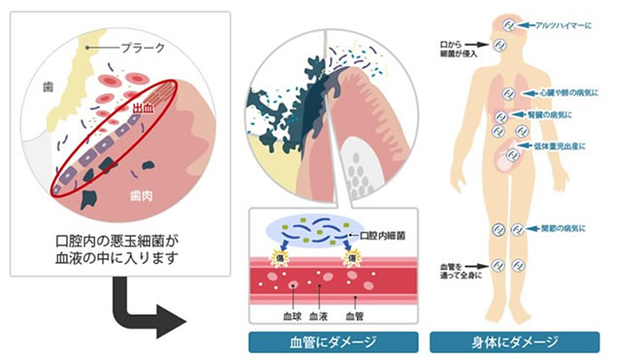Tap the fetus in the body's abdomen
point(506,155)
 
